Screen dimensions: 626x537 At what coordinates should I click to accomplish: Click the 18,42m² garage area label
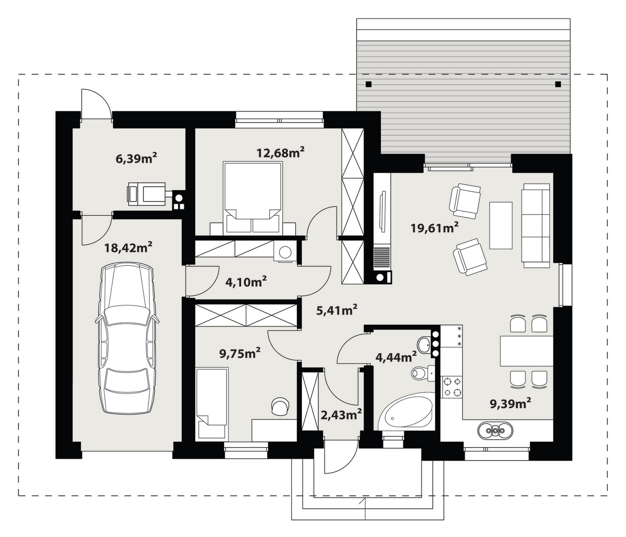(x=128, y=248)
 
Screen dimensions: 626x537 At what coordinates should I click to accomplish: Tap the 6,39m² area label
(x=136, y=158)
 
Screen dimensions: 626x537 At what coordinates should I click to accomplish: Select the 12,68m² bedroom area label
(x=280, y=152)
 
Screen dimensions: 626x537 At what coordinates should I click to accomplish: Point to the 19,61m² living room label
(x=434, y=228)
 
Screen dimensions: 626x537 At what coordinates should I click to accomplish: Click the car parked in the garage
(x=127, y=339)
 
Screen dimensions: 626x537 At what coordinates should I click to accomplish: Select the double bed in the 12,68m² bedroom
(x=253, y=198)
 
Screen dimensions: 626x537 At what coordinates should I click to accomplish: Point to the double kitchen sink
(x=495, y=431)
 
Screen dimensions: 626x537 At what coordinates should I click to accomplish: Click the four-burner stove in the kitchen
(x=451, y=387)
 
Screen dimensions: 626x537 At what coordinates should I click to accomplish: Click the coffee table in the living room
(x=501, y=225)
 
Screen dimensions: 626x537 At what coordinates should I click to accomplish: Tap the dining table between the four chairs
(x=527, y=351)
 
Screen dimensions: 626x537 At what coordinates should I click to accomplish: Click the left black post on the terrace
(x=368, y=84)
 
